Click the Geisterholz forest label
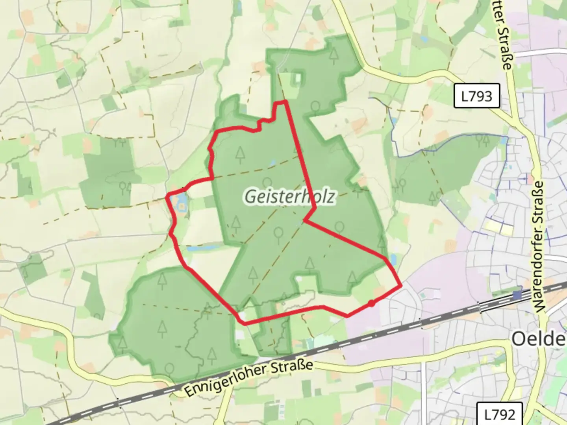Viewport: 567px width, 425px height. pos(290,196)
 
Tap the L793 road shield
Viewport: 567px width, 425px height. pos(476,96)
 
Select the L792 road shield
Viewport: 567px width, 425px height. pos(499,414)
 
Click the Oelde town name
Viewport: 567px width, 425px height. pos(538,338)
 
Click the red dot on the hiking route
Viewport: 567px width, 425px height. pos(371,303)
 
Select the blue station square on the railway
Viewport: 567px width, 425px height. pos(517,295)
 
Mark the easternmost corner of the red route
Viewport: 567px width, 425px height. pos(401,285)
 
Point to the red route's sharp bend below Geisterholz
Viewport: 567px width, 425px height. pos(305,221)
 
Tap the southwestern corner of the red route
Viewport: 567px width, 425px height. pos(245,323)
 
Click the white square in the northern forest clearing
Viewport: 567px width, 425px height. pos(298,78)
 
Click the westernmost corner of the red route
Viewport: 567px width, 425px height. pos(167,196)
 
